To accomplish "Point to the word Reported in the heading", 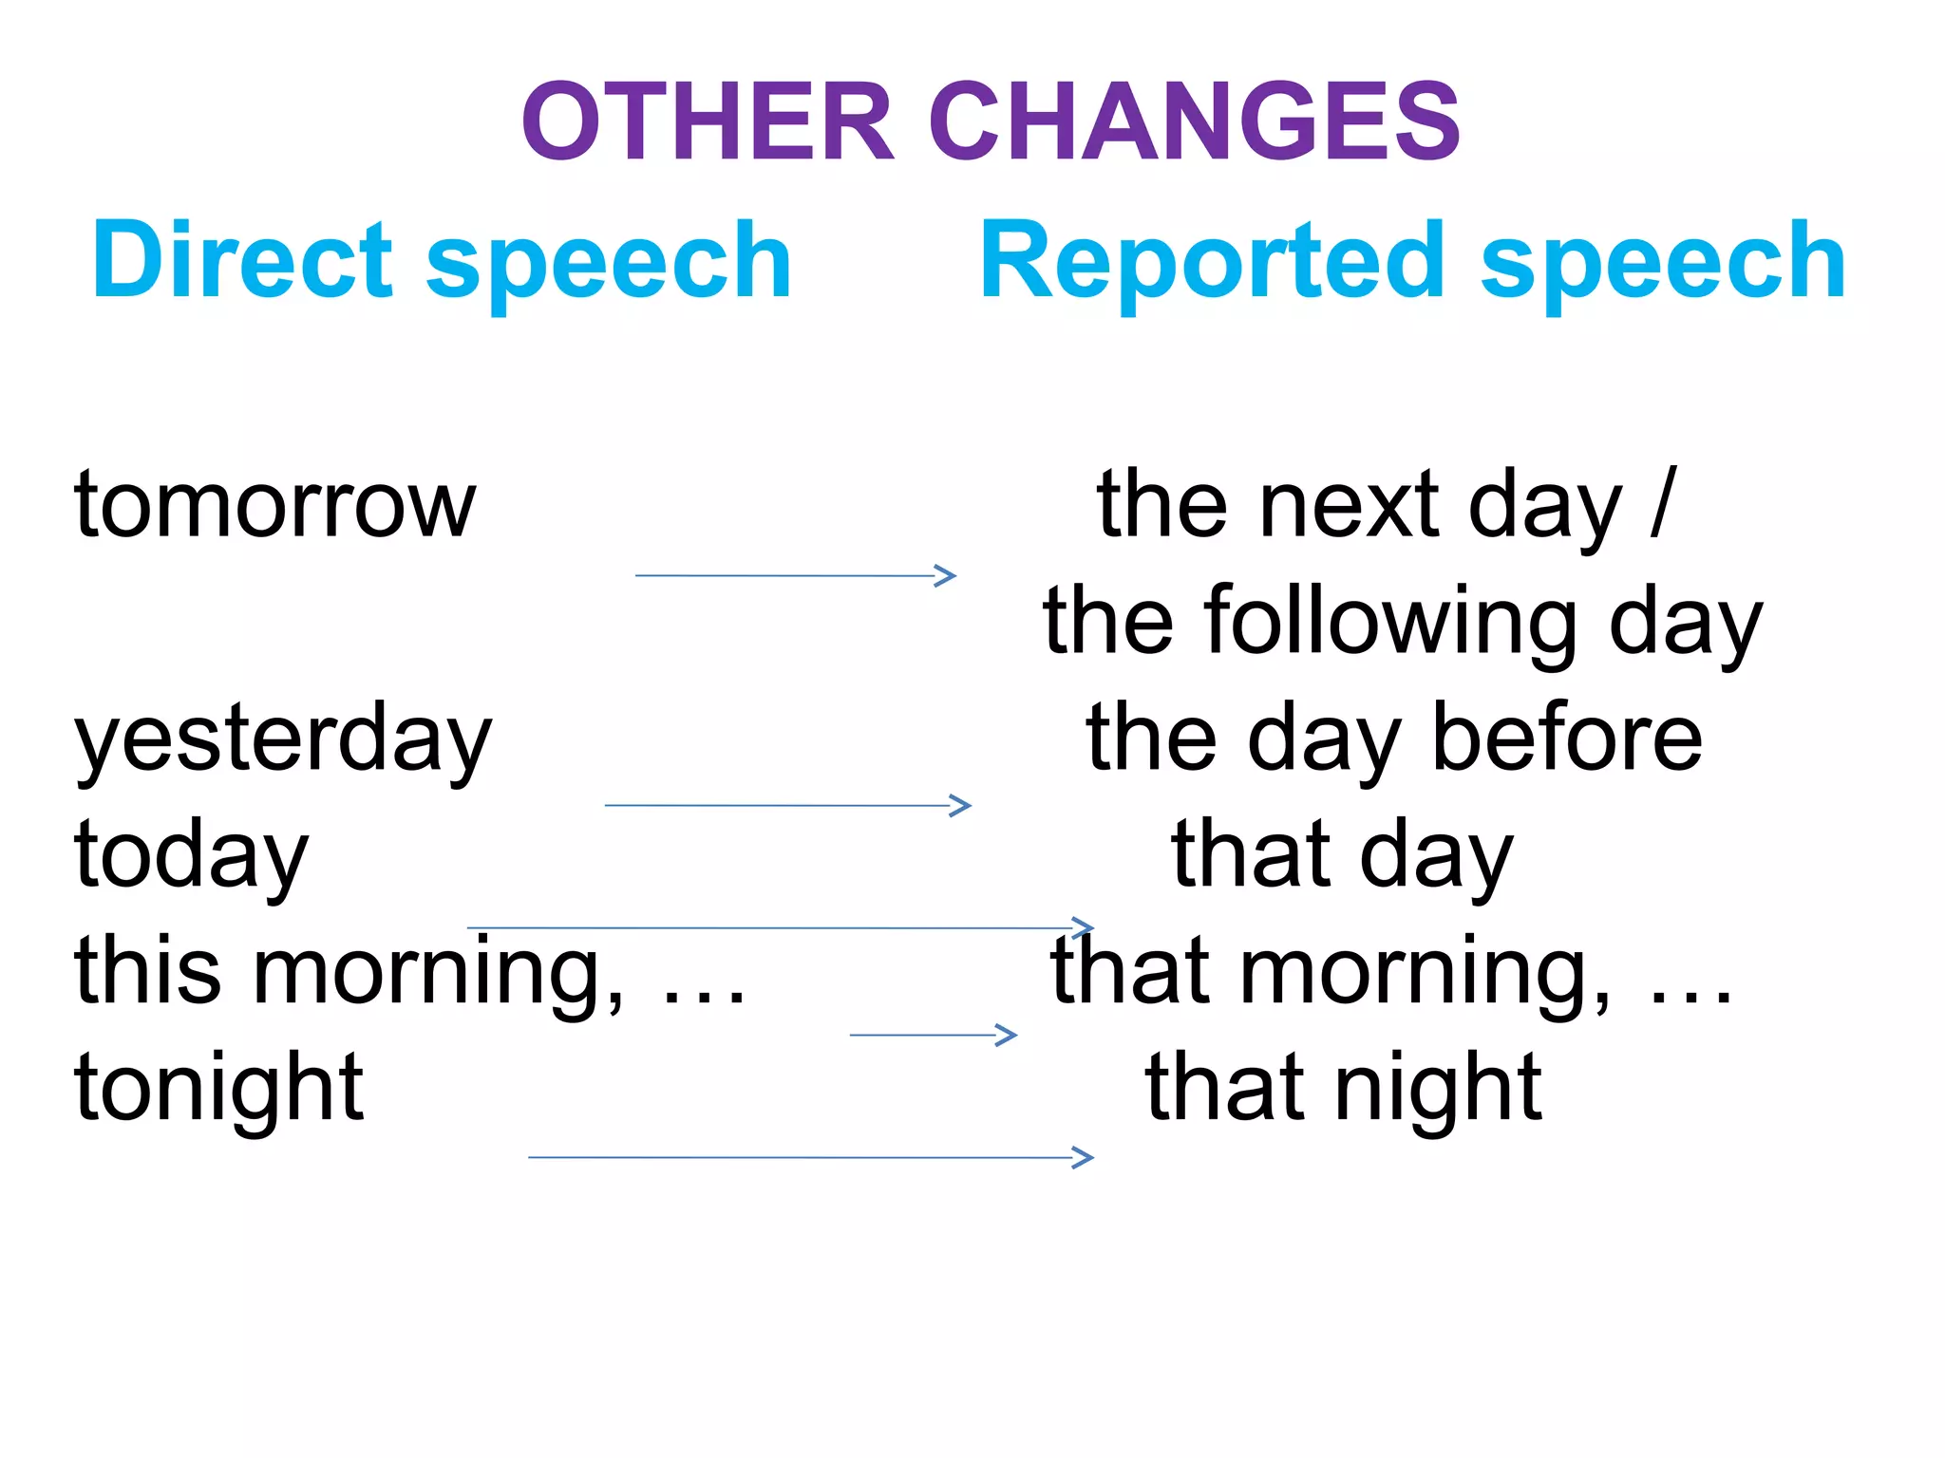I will tap(1212, 261).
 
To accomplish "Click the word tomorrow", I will tap(274, 506).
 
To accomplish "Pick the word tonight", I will tap(218, 1087).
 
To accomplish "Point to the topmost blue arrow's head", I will tap(945, 575).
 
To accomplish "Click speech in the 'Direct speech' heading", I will tap(608, 261).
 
